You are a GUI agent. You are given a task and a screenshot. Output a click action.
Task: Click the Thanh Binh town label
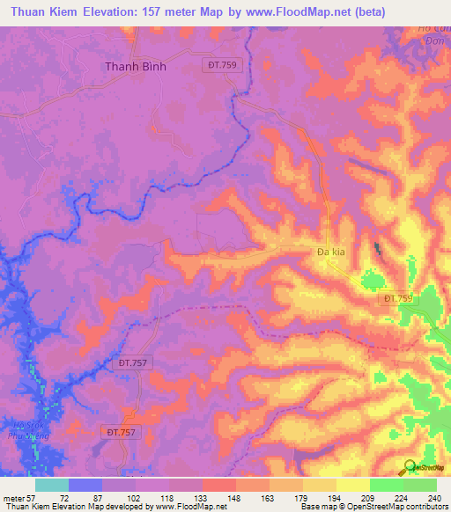136,66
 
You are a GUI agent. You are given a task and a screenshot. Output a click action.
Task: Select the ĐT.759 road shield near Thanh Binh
224,66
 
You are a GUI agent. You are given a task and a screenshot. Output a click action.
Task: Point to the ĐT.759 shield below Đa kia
398,299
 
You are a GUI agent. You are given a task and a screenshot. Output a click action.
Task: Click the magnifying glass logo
409,467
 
